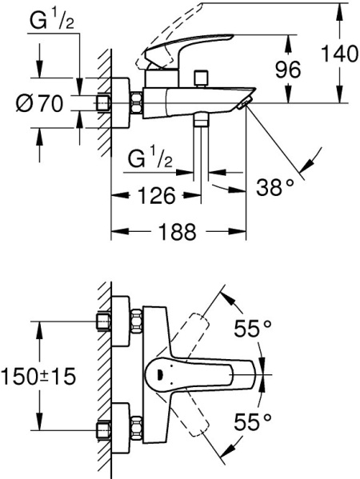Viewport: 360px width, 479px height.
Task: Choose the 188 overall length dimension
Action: click(x=174, y=232)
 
